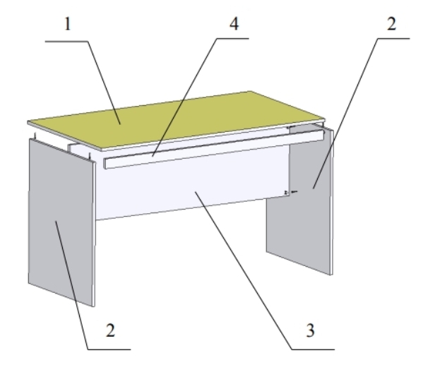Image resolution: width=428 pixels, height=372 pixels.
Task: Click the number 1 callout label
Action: tap(67, 24)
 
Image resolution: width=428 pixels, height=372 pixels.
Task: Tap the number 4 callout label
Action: tap(234, 24)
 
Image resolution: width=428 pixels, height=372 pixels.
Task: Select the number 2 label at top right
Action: tap(392, 24)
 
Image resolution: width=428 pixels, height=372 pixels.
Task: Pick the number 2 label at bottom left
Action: tap(110, 330)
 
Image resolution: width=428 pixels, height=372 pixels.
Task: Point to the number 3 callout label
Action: tap(310, 330)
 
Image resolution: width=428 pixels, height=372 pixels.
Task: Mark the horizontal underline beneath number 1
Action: tap(66, 42)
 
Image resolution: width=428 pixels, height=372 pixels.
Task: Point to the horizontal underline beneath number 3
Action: tap(313, 349)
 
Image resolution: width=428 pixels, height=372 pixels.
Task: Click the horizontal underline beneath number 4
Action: tap(233, 38)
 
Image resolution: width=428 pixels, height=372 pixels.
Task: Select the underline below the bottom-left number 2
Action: tap(109, 349)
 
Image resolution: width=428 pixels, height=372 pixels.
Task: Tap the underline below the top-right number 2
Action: tap(394, 38)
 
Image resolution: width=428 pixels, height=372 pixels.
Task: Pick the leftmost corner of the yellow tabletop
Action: tap(28, 121)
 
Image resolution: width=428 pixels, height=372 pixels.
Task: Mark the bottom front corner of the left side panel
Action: tap(94, 306)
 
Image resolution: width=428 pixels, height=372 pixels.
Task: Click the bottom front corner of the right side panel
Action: tap(332, 275)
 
